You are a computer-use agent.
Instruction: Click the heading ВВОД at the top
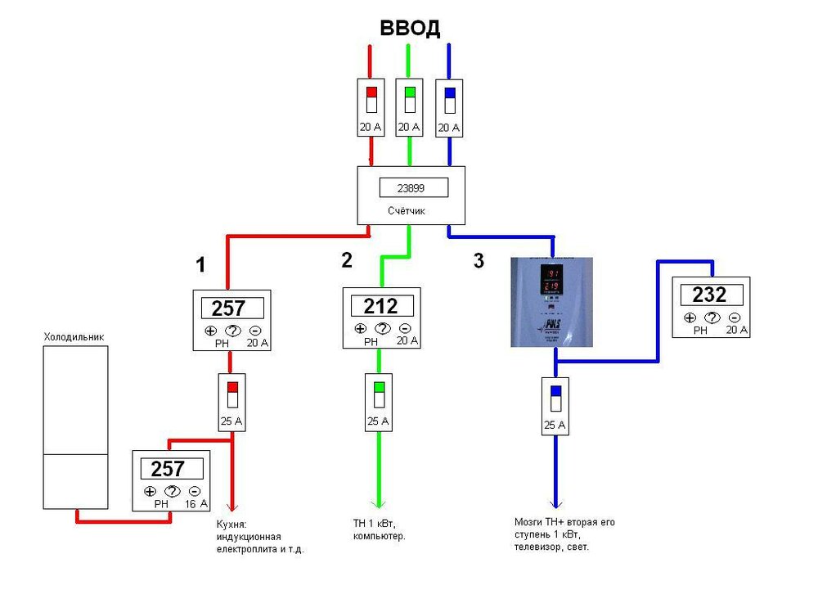click(x=410, y=29)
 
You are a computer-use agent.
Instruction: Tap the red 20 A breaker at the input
click(x=371, y=106)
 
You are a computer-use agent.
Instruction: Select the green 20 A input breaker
click(x=409, y=106)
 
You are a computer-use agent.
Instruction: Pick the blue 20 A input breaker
click(x=449, y=107)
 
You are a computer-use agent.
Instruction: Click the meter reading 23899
click(x=414, y=187)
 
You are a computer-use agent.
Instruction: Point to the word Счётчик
click(x=407, y=210)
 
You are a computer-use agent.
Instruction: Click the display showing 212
click(x=380, y=306)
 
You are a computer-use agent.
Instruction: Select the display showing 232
click(x=710, y=295)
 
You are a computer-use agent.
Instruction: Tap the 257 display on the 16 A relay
click(x=173, y=469)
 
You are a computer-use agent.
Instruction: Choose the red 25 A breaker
click(x=232, y=402)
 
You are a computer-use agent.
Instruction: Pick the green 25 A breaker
click(x=379, y=402)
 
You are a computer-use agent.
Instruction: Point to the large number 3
click(x=479, y=262)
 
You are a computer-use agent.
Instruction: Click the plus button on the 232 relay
click(x=690, y=318)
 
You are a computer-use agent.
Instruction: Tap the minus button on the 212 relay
click(x=405, y=329)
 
